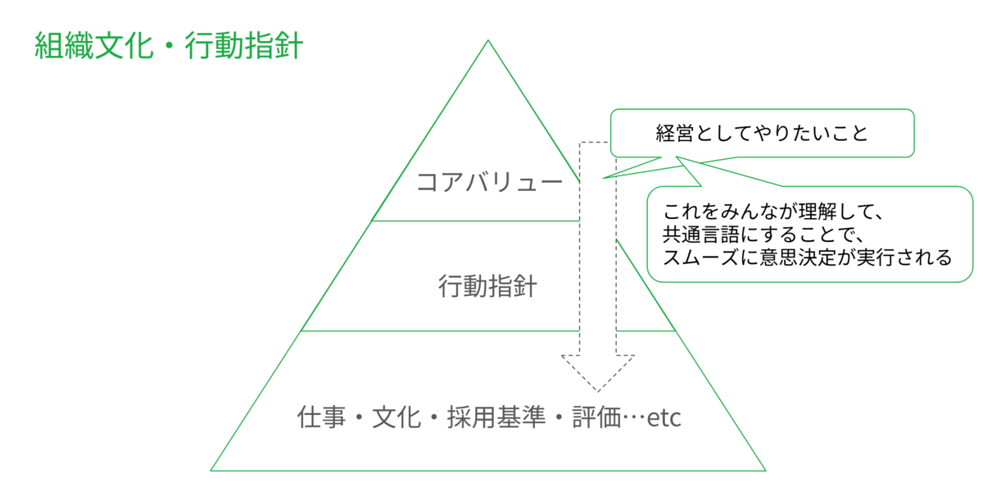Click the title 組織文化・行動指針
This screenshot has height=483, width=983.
coord(169,46)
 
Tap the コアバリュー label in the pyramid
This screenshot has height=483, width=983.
coord(489,181)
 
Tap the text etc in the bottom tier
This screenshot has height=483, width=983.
coord(664,419)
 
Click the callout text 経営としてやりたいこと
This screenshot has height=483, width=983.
coord(761,133)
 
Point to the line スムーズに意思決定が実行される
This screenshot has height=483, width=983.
coord(807,257)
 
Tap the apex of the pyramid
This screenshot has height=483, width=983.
coord(488,41)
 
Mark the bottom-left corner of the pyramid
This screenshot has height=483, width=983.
coord(212,470)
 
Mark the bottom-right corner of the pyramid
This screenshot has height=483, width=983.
coord(764,470)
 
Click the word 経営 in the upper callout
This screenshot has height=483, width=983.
coord(674,133)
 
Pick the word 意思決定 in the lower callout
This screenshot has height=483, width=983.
coord(794,257)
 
